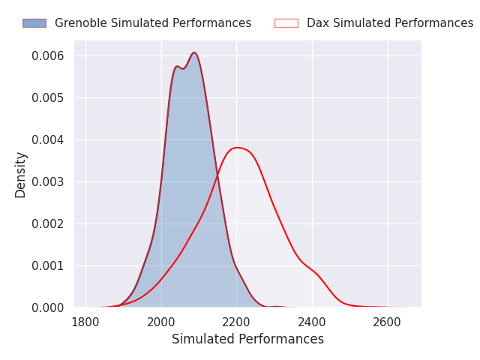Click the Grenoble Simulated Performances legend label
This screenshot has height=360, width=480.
pos(153,23)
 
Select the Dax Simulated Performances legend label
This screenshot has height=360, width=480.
pos(390,23)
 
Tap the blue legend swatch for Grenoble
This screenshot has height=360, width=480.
pos(34,23)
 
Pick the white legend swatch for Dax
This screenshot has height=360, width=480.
pos(286,23)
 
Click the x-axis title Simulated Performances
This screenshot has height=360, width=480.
pos(247,340)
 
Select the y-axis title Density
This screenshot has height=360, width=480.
pos(20,174)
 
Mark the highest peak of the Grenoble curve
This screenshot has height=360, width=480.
pos(194,52)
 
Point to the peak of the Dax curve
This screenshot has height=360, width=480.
pos(237,148)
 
